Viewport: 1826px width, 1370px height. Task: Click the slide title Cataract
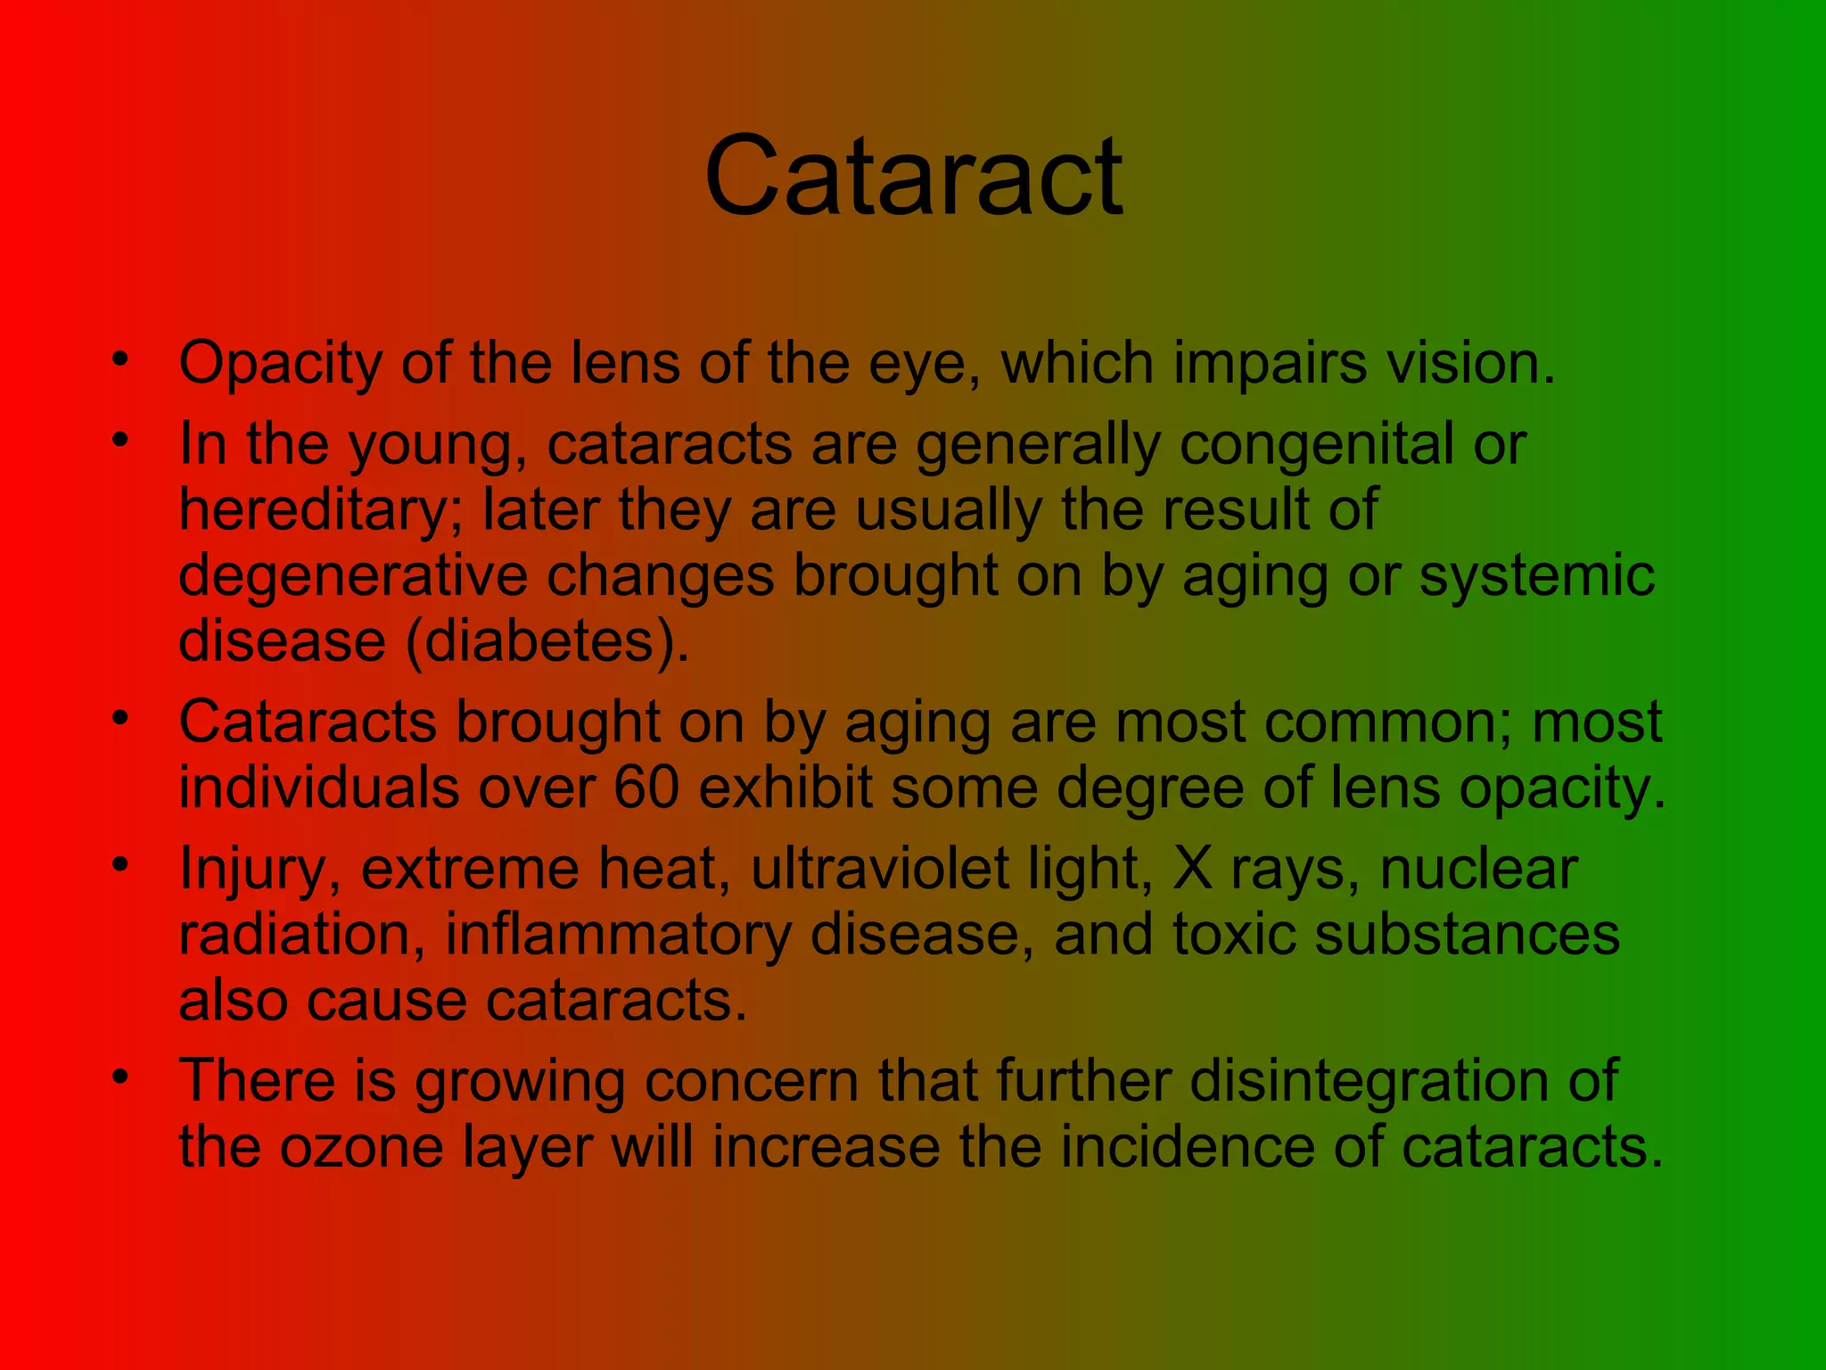click(913, 176)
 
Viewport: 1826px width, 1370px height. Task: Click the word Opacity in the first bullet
click(280, 365)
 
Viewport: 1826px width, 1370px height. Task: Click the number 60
click(646, 788)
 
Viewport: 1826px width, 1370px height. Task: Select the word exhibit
click(786, 788)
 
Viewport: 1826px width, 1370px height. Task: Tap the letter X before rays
click(1193, 869)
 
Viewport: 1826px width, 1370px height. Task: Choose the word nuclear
click(1479, 869)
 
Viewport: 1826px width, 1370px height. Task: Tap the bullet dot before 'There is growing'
click(120, 1077)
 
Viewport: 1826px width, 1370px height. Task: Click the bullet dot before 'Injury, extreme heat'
click(120, 864)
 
